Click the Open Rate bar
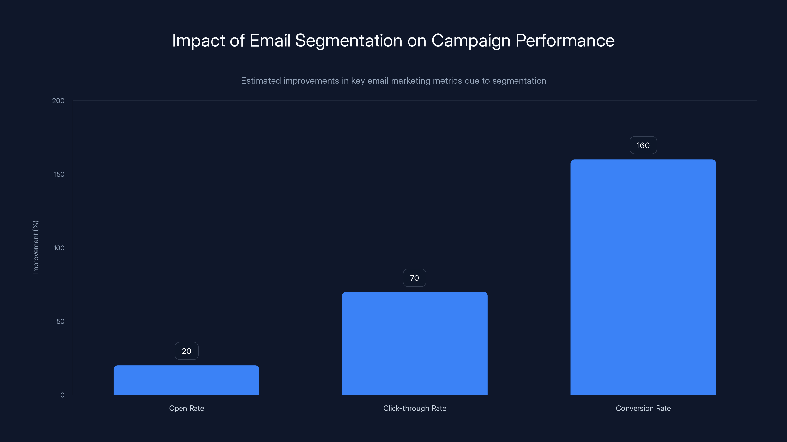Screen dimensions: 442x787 186,380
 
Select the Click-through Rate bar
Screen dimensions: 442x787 415,343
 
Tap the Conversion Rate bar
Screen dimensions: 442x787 643,277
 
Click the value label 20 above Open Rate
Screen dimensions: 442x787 186,351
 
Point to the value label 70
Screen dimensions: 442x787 414,278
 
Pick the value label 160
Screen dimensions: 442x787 643,146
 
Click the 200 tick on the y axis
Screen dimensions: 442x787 58,101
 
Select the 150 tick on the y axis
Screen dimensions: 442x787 59,174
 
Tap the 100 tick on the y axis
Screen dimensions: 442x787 59,248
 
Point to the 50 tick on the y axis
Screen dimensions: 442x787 61,321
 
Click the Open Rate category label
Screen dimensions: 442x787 186,408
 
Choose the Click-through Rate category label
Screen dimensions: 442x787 415,408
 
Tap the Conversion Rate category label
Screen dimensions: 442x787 643,408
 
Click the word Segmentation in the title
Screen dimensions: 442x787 348,41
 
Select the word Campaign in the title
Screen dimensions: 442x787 471,41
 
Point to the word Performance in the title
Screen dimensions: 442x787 565,41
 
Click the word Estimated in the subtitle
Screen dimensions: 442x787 261,81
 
